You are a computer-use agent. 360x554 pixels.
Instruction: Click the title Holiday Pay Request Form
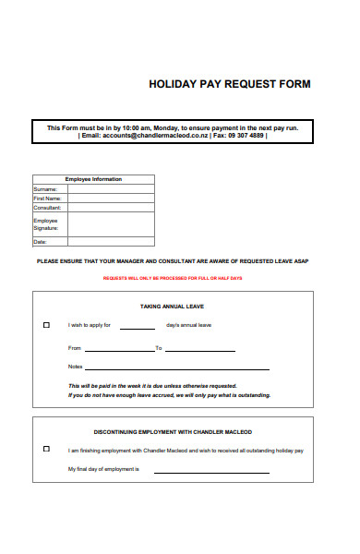(230, 84)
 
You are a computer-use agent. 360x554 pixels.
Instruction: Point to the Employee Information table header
(93, 179)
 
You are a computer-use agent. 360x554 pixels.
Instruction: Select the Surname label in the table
(46, 188)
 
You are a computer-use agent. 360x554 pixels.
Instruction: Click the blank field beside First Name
(111, 198)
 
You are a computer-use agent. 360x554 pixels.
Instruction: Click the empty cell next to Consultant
(111, 208)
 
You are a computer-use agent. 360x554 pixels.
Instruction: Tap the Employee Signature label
(46, 224)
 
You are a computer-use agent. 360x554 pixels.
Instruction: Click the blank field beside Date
(111, 242)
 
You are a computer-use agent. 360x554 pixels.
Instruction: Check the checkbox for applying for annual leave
(47, 325)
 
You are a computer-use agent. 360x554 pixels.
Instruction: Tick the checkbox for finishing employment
(47, 449)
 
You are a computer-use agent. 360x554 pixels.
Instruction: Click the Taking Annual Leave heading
(172, 306)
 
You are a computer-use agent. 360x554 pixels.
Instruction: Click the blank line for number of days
(138, 328)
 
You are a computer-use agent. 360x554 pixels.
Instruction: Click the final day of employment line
(210, 472)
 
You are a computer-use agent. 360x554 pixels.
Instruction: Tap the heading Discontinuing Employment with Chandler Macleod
(172, 431)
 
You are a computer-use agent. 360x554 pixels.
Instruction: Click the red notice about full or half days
(172, 278)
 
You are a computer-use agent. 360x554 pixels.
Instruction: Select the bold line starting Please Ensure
(172, 261)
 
